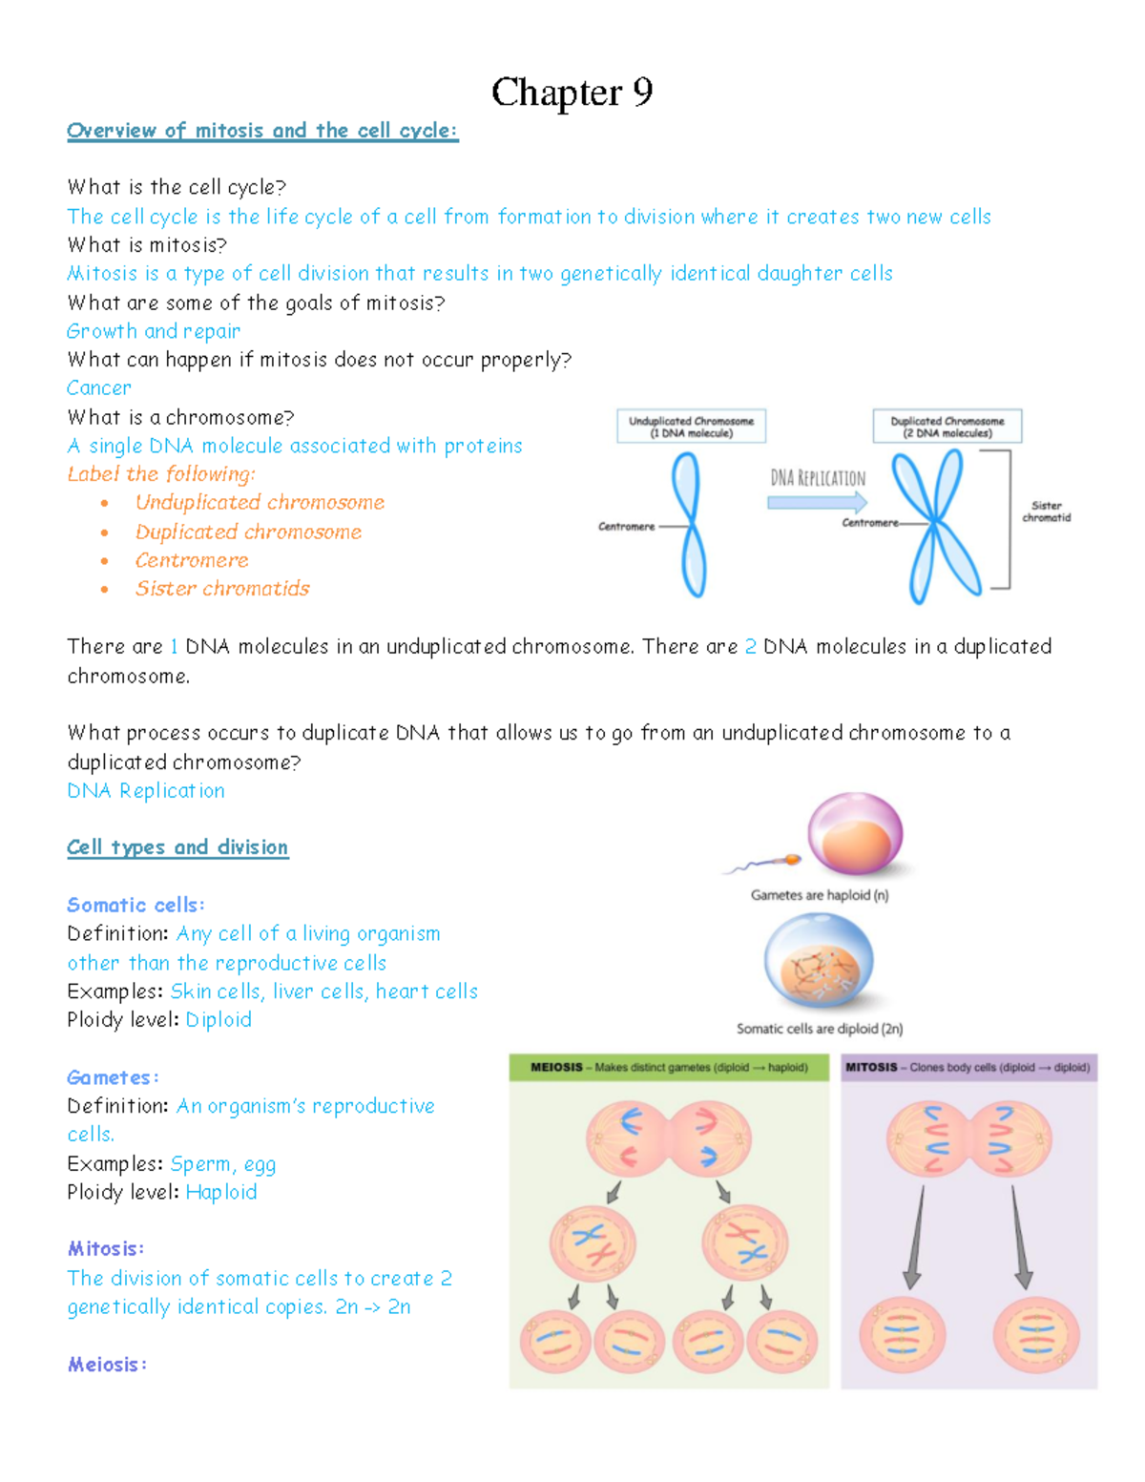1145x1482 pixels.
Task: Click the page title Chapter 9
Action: point(572,93)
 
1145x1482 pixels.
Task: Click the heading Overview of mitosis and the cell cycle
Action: point(262,131)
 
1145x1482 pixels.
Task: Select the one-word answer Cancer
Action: point(99,388)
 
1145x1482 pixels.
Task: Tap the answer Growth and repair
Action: point(154,331)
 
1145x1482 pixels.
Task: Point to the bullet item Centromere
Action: point(192,560)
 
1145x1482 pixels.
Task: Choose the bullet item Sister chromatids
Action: point(222,589)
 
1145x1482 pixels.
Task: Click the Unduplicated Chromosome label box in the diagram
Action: point(691,427)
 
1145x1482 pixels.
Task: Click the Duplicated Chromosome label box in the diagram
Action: point(947,427)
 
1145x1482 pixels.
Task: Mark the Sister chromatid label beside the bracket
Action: point(1047,511)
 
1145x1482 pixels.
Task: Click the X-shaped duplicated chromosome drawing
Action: point(937,525)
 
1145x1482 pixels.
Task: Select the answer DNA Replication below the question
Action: point(146,791)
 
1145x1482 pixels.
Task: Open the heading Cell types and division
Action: point(177,847)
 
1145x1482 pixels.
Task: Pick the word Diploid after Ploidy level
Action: point(219,1020)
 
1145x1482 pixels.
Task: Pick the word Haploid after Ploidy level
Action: point(221,1193)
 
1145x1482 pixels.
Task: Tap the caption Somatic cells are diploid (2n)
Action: point(820,1029)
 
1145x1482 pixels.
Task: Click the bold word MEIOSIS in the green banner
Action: point(556,1068)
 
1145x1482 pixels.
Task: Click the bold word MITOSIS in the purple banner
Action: point(871,1068)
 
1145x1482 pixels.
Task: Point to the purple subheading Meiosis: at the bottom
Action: point(107,1365)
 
